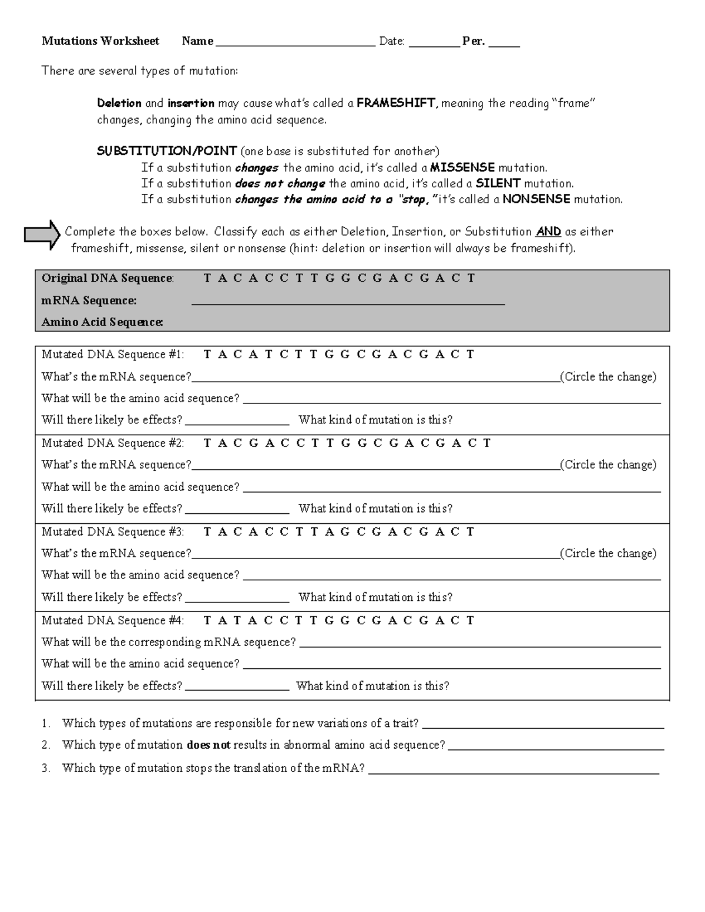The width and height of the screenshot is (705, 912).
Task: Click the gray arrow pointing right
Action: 42,235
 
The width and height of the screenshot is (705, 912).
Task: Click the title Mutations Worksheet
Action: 100,41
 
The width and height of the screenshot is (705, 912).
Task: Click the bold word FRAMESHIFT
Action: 397,103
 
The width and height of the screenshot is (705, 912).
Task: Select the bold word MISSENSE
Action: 462,168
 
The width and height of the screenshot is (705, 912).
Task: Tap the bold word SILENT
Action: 498,184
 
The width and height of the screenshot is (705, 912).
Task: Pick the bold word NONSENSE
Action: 536,200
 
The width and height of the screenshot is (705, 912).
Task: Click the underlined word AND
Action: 548,232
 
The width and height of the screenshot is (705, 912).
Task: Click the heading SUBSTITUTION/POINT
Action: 167,152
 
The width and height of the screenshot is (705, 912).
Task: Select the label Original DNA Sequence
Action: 108,278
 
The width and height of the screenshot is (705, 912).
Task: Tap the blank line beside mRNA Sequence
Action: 348,303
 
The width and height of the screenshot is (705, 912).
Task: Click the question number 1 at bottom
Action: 45,724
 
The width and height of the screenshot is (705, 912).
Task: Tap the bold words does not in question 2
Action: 209,745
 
